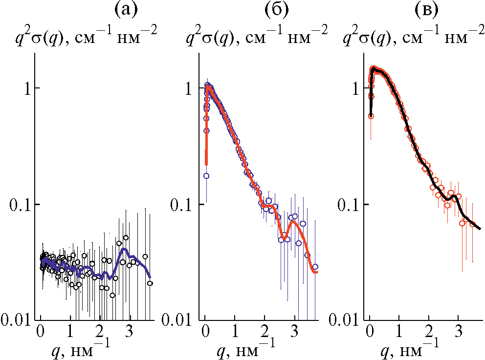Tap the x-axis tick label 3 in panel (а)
point(130,332)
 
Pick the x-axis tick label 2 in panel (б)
point(265,332)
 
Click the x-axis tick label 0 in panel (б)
point(205,332)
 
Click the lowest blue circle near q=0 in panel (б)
point(206,176)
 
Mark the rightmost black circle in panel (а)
point(150,283)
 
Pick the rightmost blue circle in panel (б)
point(315,267)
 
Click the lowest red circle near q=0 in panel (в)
point(371,116)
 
